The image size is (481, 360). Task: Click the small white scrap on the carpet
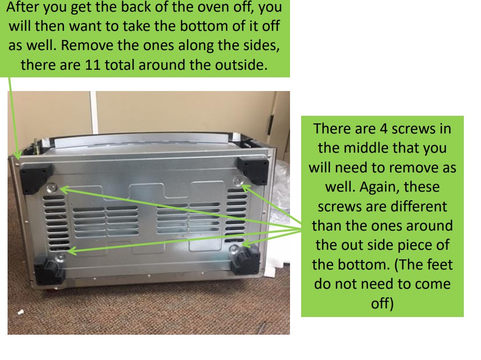click(x=21, y=313)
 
